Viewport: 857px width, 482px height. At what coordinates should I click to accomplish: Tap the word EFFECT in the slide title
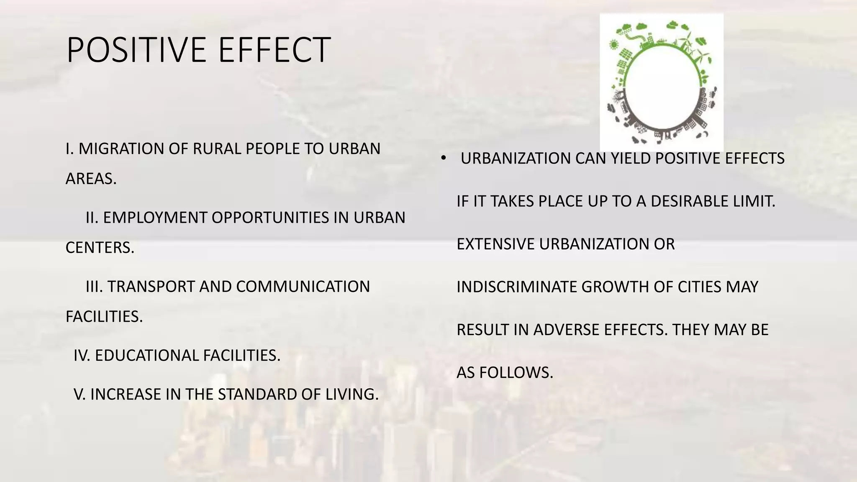pos(275,50)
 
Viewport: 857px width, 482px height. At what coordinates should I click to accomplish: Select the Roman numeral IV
pos(82,356)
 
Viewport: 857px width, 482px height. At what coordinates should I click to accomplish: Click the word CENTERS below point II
pos(100,248)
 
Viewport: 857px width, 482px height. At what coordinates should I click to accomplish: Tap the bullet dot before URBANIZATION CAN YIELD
pos(444,158)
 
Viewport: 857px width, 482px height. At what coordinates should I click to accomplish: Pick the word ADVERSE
pos(567,330)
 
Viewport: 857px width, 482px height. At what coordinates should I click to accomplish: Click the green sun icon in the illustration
pos(614,44)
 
